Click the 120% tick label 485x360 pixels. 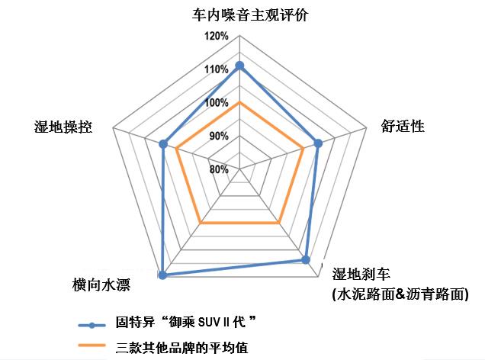tap(217, 37)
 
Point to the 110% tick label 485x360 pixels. tap(217, 69)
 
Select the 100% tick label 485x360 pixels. tap(217, 103)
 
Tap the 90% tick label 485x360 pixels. tap(219, 137)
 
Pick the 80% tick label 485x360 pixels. tap(219, 169)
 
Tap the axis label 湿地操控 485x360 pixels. tap(64, 126)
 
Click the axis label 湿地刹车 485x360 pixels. tap(367, 275)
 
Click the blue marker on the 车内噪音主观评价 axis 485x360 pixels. tap(240, 66)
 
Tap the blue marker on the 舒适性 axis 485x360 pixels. tap(319, 143)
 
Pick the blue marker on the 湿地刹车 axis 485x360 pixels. tap(306, 260)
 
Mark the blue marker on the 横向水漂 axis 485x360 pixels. tap(162, 275)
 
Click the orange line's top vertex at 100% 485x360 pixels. tap(240, 102)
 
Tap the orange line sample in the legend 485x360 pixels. tap(91, 347)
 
